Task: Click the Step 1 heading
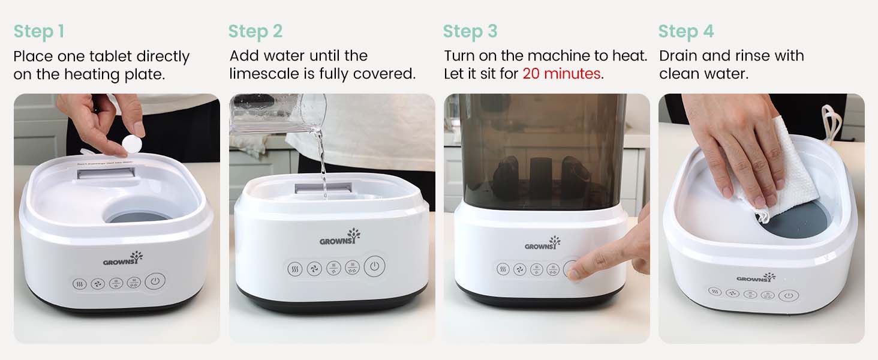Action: pos(38,31)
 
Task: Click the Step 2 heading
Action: pos(255,31)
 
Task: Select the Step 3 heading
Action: pos(470,31)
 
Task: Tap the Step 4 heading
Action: pos(686,31)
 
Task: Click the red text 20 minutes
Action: pos(561,74)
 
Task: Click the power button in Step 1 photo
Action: pos(155,281)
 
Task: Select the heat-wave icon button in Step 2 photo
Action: pos(294,268)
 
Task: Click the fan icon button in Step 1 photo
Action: pos(98,283)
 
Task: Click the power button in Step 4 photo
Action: pos(788,295)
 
